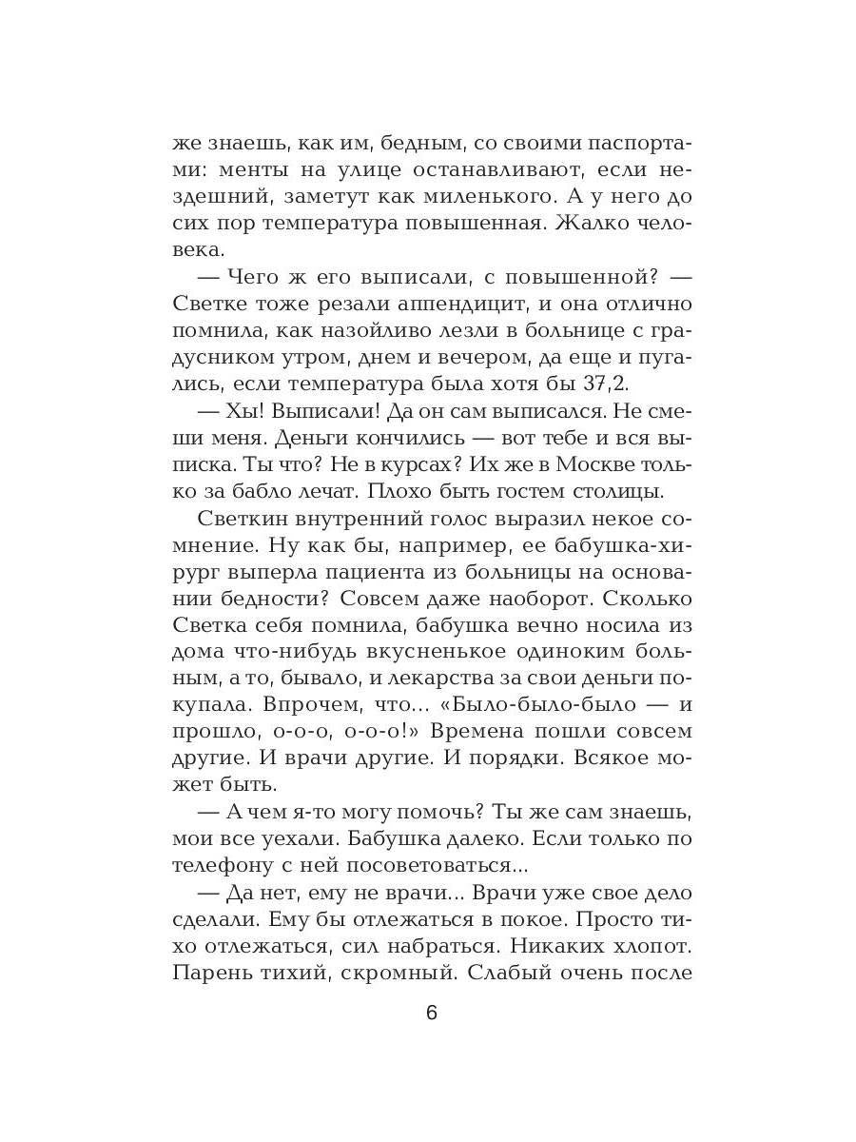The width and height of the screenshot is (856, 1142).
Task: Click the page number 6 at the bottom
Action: (x=431, y=1013)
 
